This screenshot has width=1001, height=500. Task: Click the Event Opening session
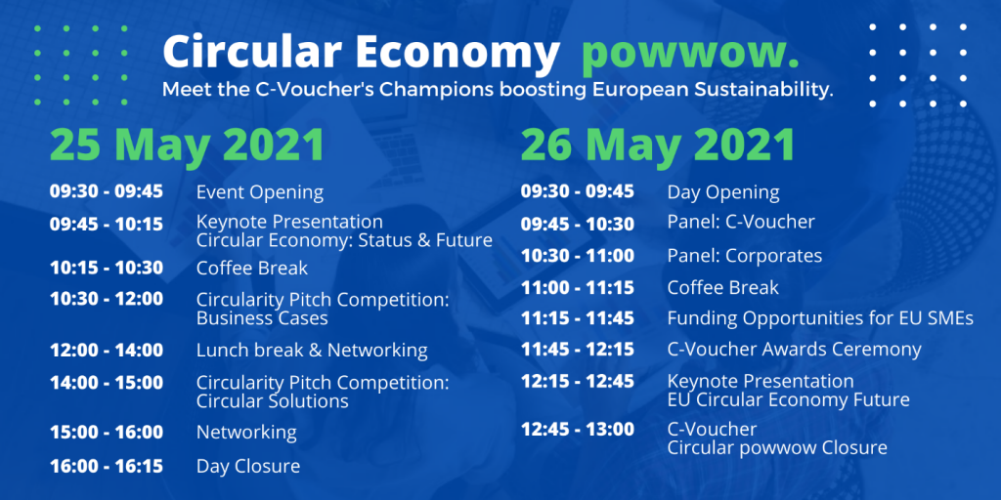pos(260,192)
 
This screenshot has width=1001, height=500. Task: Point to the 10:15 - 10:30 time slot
pos(107,268)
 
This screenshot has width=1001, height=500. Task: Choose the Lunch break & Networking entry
pos(312,351)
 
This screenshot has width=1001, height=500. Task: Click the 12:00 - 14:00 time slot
pos(107,351)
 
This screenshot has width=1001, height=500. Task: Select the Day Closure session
pos(248,466)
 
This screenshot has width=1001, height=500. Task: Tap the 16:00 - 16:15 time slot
pos(107,466)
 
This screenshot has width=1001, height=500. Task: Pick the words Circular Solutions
pos(273,401)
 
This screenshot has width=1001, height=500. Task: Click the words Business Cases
pos(262,318)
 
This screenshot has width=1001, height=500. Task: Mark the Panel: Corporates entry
pos(745,256)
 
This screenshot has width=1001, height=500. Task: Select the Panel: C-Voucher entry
pos(741,222)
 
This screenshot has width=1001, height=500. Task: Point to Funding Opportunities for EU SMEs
pos(820,317)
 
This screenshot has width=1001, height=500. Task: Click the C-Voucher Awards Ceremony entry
pos(795,350)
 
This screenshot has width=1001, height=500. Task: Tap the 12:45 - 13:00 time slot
pos(578,430)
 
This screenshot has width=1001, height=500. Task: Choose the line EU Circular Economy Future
pos(789,400)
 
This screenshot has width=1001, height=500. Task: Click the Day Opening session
pos(724,192)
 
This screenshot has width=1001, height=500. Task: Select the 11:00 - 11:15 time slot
pos(578,288)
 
